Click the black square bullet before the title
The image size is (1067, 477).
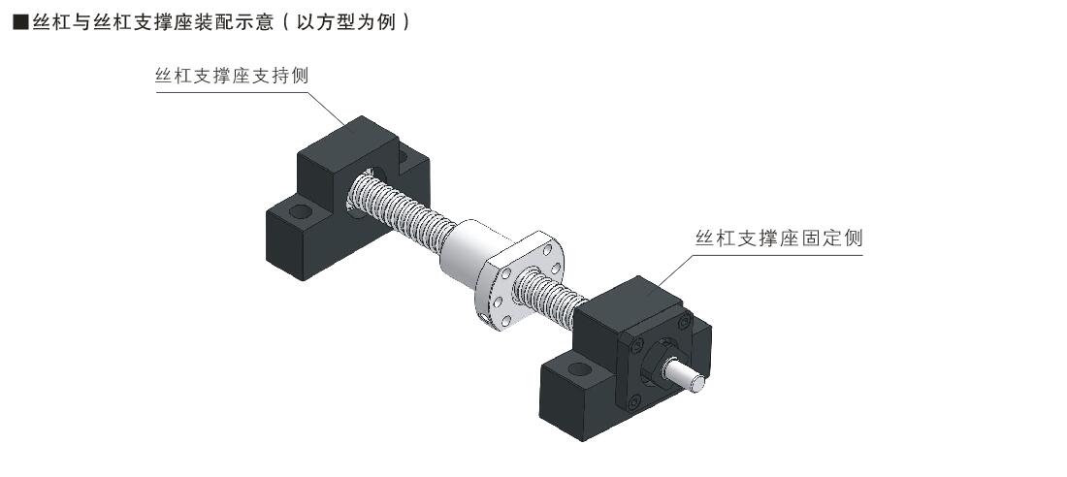tap(20, 22)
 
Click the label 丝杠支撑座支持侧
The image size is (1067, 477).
tap(233, 76)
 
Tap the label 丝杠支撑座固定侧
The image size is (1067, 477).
tap(779, 238)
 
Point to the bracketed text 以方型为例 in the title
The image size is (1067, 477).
tap(346, 22)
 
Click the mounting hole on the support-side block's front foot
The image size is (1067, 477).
tap(300, 210)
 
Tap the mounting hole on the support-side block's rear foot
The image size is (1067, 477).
tap(403, 157)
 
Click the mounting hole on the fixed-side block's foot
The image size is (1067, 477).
tap(580, 369)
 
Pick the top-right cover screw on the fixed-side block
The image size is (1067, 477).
tap(684, 321)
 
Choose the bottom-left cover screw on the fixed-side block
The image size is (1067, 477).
tap(633, 402)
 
